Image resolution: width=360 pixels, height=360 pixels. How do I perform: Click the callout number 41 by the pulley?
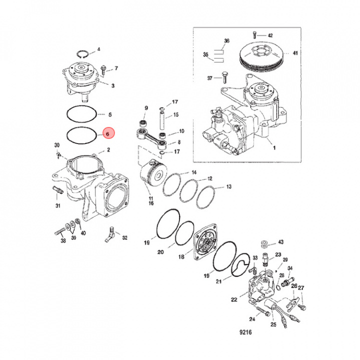295,53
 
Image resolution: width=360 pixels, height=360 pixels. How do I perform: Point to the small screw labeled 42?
255,35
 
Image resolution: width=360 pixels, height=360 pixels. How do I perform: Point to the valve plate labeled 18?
203,243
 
